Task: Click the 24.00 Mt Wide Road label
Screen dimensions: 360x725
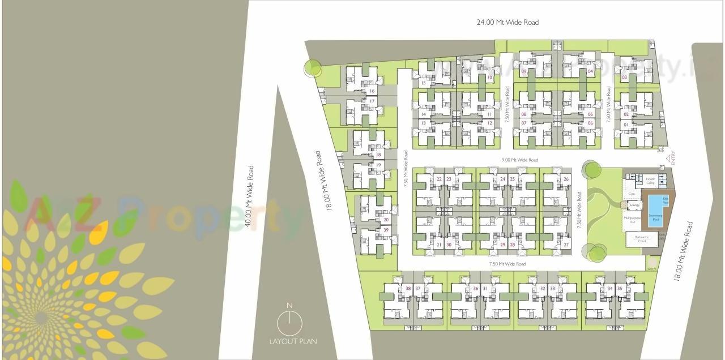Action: (x=507, y=23)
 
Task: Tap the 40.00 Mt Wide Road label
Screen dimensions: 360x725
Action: (x=248, y=196)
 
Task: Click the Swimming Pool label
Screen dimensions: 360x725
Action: (x=655, y=217)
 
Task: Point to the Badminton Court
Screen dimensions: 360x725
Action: (x=641, y=239)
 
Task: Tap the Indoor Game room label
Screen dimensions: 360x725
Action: (x=650, y=181)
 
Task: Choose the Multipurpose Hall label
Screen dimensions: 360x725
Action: (x=632, y=220)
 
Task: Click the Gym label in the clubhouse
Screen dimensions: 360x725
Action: (x=631, y=194)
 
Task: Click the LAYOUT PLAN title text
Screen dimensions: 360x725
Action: (x=293, y=341)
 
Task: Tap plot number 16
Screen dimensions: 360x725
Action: (x=372, y=91)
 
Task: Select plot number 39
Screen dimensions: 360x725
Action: (x=386, y=229)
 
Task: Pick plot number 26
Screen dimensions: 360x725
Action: (x=566, y=179)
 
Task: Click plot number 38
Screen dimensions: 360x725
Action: (x=408, y=288)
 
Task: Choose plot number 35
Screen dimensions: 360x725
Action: (x=620, y=289)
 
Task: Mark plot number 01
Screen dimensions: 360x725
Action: (x=626, y=124)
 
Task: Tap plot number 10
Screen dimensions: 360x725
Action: (x=489, y=78)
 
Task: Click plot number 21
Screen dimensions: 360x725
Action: (x=439, y=245)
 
